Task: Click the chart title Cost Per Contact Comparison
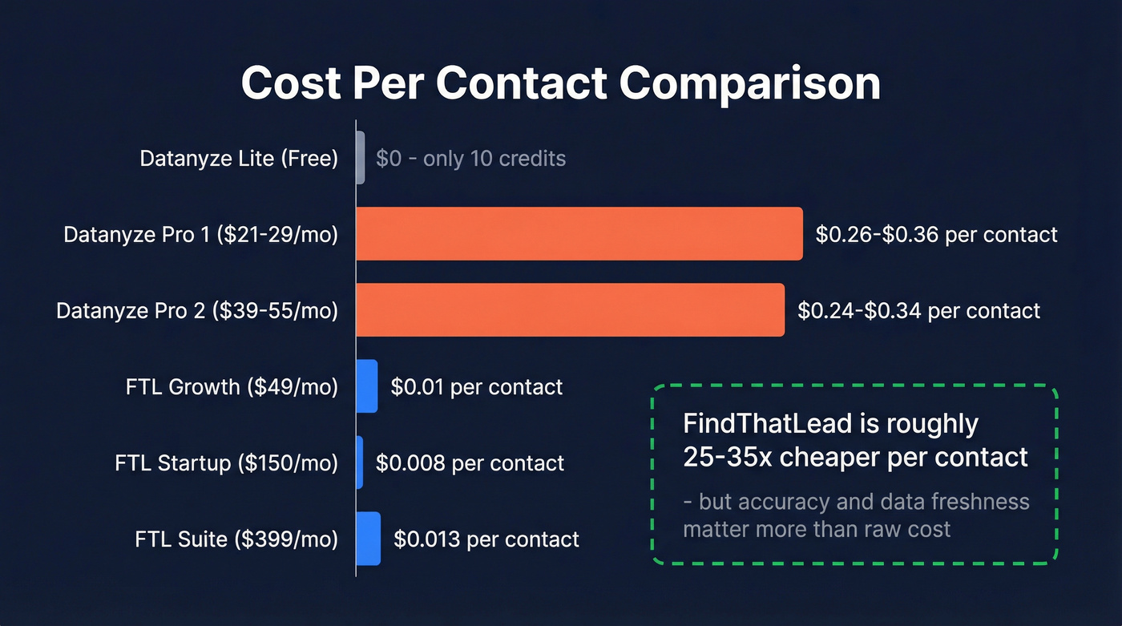(x=560, y=83)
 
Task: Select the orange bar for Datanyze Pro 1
(x=579, y=233)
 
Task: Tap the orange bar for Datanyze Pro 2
(x=570, y=309)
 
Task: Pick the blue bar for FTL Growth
(x=366, y=386)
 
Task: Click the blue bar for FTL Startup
(x=360, y=462)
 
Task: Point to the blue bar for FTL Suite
(x=368, y=539)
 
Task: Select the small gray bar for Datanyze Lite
(x=361, y=158)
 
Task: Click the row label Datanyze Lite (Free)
(x=239, y=159)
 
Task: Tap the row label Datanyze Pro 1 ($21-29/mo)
(x=200, y=235)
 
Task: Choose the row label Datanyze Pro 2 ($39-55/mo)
(x=197, y=310)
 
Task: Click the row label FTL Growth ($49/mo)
(x=232, y=387)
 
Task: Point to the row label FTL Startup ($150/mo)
(x=226, y=463)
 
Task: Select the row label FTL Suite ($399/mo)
(x=236, y=539)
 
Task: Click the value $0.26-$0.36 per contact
(x=936, y=234)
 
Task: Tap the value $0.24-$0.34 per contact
(x=918, y=310)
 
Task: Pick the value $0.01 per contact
(x=476, y=387)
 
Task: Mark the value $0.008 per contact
(x=470, y=463)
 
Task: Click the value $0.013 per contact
(x=486, y=539)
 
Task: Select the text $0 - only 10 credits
(x=470, y=159)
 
